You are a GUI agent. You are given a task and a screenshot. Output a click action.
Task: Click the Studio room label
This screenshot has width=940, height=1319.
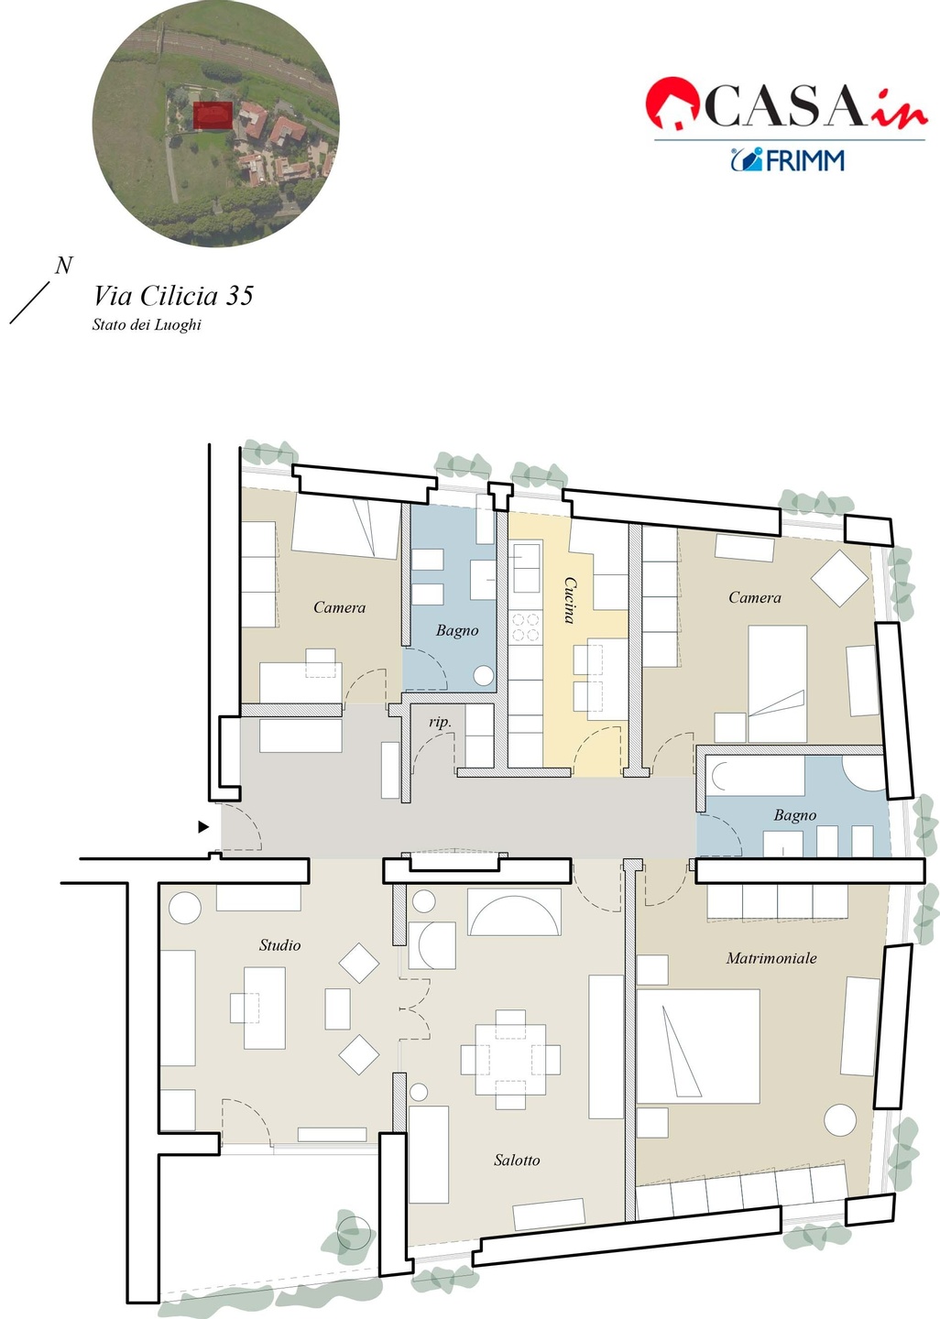(x=279, y=945)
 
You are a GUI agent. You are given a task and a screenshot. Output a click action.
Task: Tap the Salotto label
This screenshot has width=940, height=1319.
(x=517, y=1160)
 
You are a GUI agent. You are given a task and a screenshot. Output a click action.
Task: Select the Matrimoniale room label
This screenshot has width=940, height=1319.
(x=771, y=958)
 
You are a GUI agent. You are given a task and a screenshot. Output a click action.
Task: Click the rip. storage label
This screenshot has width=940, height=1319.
(x=440, y=722)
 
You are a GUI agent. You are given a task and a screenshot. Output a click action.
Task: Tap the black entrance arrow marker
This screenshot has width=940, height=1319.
(x=203, y=827)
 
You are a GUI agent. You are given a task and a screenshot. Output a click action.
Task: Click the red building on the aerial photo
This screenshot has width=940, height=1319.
(x=213, y=114)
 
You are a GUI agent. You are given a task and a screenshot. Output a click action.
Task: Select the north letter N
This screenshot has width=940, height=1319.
(x=63, y=266)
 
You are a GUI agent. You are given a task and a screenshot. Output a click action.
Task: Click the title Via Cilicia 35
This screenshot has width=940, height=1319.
(x=173, y=296)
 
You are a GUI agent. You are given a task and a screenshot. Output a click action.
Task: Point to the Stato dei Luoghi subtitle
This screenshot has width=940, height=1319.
(x=147, y=324)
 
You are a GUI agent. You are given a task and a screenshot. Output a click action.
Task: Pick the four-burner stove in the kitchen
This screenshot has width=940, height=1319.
(x=525, y=627)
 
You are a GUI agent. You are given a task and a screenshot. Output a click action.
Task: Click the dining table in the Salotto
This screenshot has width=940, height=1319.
(x=510, y=1052)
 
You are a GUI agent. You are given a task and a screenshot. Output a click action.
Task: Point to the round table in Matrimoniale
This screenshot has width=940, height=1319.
(x=840, y=1120)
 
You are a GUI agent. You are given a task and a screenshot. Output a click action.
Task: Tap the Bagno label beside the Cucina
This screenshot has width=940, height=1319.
(x=457, y=630)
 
